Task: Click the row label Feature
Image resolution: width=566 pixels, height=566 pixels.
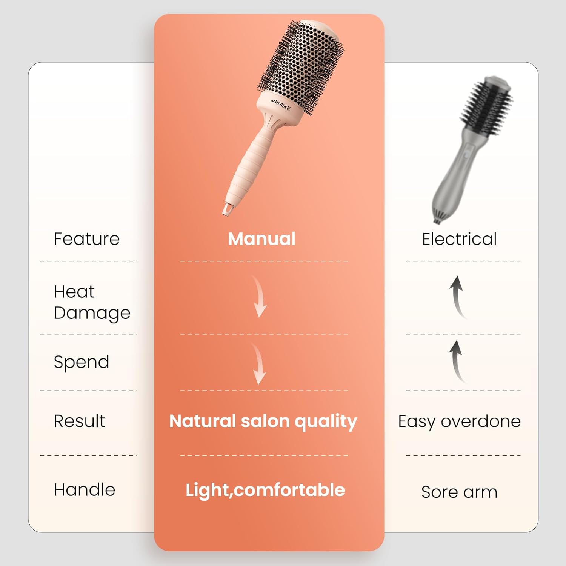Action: (x=86, y=239)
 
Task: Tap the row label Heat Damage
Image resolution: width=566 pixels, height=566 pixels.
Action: (x=92, y=302)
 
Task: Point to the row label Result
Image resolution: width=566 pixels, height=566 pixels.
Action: (x=79, y=421)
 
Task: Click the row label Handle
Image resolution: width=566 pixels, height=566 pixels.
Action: (x=85, y=489)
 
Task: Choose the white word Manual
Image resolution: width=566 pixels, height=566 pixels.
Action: (x=262, y=239)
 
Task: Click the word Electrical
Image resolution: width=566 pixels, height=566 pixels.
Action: (x=459, y=239)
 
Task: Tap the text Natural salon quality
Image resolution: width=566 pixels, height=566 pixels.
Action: (x=263, y=421)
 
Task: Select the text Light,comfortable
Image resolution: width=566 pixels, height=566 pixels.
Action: (x=265, y=490)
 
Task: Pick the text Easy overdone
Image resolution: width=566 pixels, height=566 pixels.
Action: (x=459, y=421)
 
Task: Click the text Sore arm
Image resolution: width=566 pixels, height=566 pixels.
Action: (x=459, y=492)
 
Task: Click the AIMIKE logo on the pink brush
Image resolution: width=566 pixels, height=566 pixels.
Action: (x=281, y=105)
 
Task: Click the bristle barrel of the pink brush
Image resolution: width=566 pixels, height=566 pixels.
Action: (x=302, y=64)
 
